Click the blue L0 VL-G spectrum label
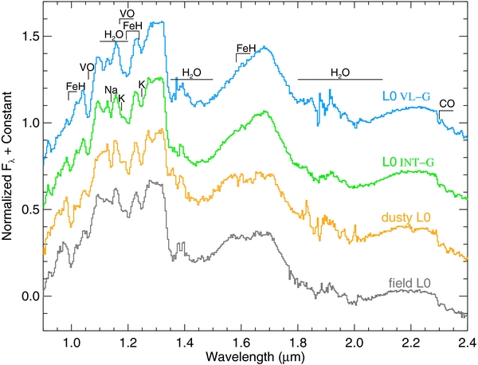tap(406, 96)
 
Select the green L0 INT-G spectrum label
tap(408, 163)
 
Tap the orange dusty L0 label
tap(406, 218)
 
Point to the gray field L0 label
tap(409, 284)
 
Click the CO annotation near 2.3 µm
tap(447, 104)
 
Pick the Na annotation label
tap(112, 90)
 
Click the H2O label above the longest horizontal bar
tap(340, 73)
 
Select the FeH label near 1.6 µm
tap(246, 48)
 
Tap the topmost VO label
tap(127, 14)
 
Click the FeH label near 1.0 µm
tap(76, 87)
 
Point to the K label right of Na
tap(122, 98)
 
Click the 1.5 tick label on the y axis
tap(29, 37)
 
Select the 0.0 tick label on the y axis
tap(29, 296)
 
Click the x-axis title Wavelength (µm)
tap(255, 357)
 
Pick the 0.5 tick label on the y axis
tap(29, 210)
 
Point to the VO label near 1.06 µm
tap(87, 67)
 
